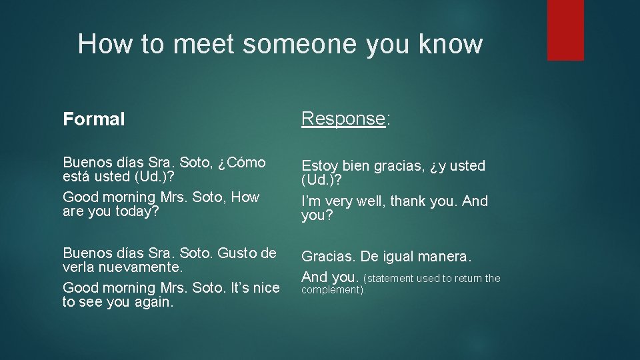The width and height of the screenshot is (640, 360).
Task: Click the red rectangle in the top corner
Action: coord(565,30)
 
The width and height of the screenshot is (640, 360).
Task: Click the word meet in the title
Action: coord(204,44)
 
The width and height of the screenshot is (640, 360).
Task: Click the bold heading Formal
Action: coord(93,119)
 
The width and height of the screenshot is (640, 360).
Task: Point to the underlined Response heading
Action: coord(343,119)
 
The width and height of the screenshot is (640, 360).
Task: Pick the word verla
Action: coord(79,268)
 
